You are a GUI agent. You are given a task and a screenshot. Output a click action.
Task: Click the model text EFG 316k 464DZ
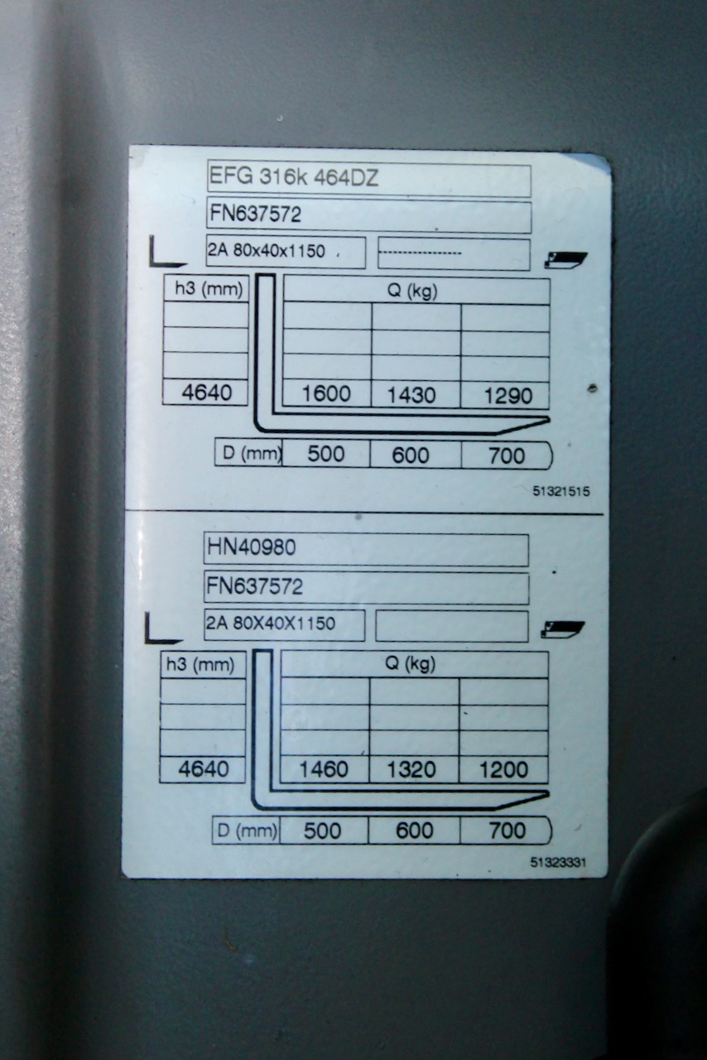point(293,177)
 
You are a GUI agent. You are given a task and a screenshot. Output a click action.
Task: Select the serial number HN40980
point(252,547)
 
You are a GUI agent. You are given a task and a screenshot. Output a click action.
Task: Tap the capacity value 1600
point(326,393)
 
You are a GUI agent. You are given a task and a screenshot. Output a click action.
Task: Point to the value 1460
point(324,769)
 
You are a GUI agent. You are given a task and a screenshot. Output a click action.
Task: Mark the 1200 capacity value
point(503,769)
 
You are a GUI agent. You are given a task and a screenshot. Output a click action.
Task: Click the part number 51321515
point(561,491)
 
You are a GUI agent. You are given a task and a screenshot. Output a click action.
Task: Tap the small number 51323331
point(558,862)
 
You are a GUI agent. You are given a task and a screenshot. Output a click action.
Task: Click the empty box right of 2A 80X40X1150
point(452,626)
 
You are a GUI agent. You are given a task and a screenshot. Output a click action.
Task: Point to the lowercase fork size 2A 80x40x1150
point(267,251)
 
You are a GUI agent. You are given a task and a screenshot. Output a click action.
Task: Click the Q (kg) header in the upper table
point(412,291)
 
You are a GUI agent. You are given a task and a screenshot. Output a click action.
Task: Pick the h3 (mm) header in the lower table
point(200,665)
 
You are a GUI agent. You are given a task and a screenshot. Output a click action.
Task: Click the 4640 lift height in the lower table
point(204,769)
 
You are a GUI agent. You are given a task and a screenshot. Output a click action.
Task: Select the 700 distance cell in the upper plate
point(507,455)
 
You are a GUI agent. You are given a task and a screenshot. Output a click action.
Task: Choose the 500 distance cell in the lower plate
point(322,831)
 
